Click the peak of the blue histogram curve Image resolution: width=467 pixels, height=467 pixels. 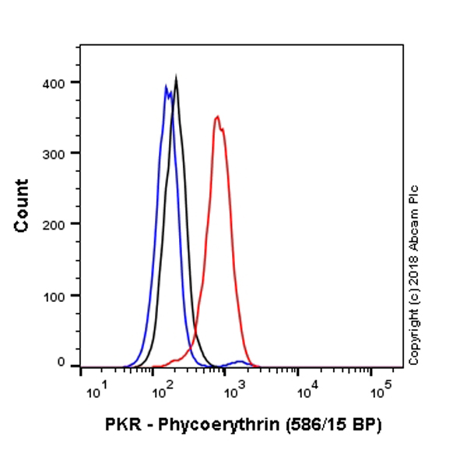point(166,86)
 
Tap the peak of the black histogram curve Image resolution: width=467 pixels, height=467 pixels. point(177,78)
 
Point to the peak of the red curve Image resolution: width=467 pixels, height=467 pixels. point(217,118)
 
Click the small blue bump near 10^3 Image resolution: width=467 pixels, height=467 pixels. point(238,362)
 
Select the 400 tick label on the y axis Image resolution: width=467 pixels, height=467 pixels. point(56,83)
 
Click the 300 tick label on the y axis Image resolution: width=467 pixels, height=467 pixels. point(56,153)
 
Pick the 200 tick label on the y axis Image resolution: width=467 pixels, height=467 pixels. point(56,224)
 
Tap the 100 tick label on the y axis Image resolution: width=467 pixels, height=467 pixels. point(56,295)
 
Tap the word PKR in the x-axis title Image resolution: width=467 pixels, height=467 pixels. point(121,426)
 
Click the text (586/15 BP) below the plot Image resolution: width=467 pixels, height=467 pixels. point(330,426)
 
